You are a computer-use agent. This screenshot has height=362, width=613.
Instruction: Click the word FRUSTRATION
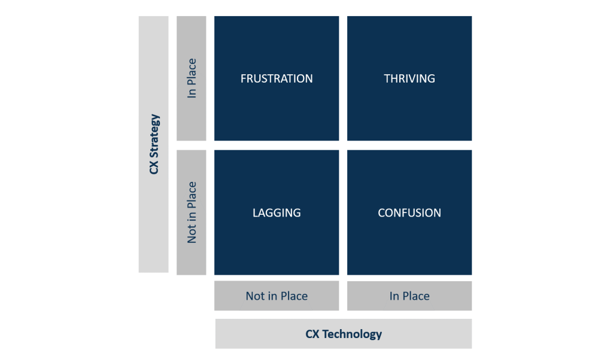pos(277,78)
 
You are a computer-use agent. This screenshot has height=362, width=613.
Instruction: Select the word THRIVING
pos(409,78)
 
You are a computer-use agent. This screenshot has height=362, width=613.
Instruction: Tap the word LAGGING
pos(277,212)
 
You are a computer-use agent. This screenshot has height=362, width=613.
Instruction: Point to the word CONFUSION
pos(409,212)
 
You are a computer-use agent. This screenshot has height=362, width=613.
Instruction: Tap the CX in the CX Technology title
pos(312,334)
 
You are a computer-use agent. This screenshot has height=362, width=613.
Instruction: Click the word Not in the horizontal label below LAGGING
pos(256,296)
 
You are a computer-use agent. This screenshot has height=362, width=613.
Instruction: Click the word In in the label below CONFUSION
pos(394,296)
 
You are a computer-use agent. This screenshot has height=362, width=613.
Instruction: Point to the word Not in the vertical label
pos(192,234)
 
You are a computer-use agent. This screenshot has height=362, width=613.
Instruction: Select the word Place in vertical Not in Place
pos(192,195)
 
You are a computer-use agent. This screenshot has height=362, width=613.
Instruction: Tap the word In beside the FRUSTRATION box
pos(192,93)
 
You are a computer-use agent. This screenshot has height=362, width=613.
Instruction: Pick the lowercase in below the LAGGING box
pos(272,296)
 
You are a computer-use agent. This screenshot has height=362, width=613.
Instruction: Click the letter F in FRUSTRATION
pos(243,78)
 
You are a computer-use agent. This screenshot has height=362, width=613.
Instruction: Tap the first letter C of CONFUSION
pos(381,212)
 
